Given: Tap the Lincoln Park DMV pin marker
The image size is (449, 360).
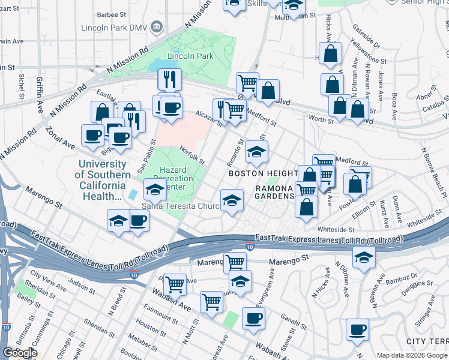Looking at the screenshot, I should [x=157, y=26].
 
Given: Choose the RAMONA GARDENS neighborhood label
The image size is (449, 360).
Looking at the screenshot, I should [x=276, y=192].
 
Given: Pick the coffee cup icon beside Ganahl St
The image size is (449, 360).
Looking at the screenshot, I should [x=253, y=318].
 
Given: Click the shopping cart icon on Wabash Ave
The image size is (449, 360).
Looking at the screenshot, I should [x=211, y=302].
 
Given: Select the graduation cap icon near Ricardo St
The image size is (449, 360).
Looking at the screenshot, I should [x=256, y=152].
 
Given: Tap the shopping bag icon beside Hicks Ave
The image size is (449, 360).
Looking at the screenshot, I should [x=330, y=54].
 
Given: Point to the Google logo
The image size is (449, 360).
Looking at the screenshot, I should [x=20, y=353].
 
